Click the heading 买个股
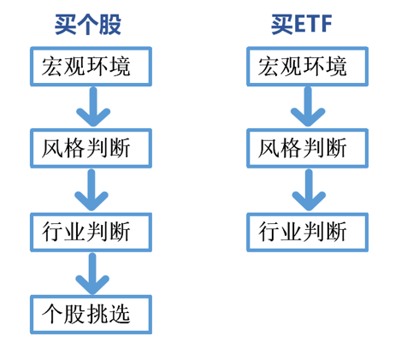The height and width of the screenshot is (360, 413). tap(88, 25)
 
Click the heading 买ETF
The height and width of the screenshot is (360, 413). tap(302, 25)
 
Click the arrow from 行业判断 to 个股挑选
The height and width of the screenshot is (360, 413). tap(92, 274)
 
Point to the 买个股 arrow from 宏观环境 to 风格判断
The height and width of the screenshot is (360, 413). tap(93, 106)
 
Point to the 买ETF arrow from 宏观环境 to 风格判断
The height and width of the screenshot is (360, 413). tap(308, 106)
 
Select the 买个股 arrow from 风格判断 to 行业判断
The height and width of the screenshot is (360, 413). tap(91, 190)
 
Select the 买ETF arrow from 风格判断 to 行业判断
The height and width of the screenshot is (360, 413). tap(309, 190)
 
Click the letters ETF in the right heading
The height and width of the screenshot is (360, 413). tap(313, 24)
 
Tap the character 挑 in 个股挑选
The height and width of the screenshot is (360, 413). tap(97, 314)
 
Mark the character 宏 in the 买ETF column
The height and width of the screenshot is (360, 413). tap(268, 67)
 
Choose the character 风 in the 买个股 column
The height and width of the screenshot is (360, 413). tap(52, 148)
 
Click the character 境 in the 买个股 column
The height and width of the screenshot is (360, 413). tap(120, 67)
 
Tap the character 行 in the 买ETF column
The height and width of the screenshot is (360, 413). tap(268, 232)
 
